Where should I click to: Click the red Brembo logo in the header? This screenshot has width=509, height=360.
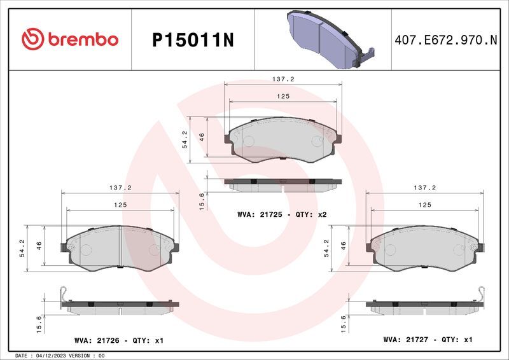point(70,39)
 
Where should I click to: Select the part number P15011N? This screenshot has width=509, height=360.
point(193,40)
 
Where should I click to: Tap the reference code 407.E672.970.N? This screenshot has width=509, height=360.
point(446,40)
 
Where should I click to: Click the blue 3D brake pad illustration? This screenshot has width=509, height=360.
point(330,39)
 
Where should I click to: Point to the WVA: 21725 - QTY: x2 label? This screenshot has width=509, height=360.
point(282,214)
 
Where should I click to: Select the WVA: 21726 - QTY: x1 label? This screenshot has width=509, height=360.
point(119,340)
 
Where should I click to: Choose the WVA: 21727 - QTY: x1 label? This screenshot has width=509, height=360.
point(428,340)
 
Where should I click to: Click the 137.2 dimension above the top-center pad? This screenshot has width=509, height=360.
point(283,79)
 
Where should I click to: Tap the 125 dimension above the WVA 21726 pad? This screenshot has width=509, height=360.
point(120,205)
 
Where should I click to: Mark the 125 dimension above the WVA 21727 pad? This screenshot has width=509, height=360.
point(424,205)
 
